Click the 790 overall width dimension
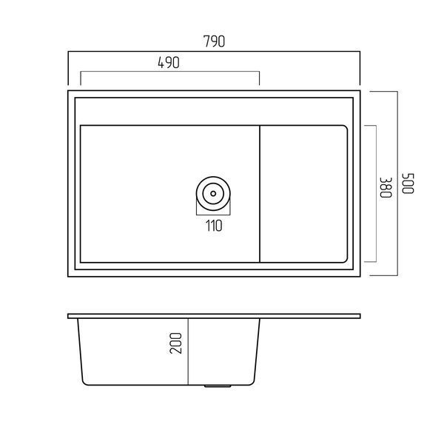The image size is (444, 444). pos(214,41)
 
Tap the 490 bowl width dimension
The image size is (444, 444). pos(169,63)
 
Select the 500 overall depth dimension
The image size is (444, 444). pos(408,184)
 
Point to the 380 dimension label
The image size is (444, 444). pos(386,187)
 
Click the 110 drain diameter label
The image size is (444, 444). pos(214,226)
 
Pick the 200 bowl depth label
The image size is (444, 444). pos(175,343)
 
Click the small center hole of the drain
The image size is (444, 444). pos(213,194)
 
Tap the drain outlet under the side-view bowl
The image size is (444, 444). pos(218,386)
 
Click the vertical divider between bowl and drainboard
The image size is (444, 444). pos(260,194)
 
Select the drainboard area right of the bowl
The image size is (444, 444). pos(303,194)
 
